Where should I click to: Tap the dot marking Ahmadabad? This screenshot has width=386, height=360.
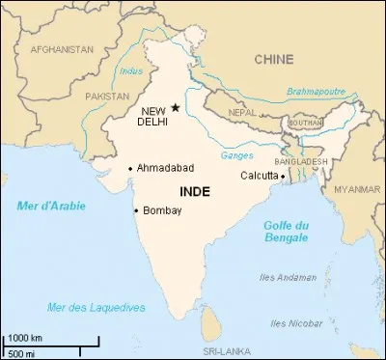[x=131, y=168]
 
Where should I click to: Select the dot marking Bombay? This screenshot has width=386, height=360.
[x=135, y=210]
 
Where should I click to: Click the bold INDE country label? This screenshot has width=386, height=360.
[x=196, y=192]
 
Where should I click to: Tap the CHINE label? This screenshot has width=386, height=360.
[x=273, y=60]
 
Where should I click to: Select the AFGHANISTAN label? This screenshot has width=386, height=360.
[x=62, y=48]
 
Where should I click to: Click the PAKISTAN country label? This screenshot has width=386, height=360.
[x=107, y=97]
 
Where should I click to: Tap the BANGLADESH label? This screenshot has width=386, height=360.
[x=302, y=161]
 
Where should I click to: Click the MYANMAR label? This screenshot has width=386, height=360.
[x=356, y=189]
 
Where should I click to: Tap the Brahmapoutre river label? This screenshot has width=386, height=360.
[x=315, y=92]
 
